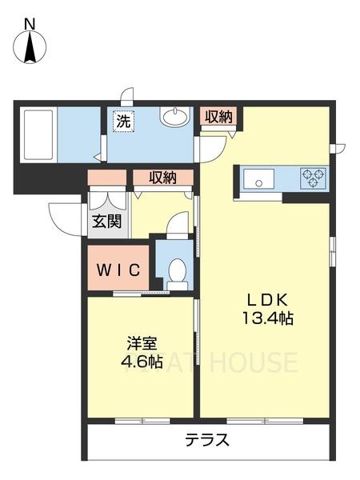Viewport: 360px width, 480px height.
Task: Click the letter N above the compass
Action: tap(30, 23)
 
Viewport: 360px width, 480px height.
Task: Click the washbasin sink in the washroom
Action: tap(174, 119)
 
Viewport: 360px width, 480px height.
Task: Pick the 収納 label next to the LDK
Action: tap(218, 116)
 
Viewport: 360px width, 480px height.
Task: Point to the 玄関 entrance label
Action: tap(106, 220)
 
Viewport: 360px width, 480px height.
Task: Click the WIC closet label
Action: tap(119, 270)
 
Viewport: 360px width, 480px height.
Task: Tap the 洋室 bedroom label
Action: tap(142, 343)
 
